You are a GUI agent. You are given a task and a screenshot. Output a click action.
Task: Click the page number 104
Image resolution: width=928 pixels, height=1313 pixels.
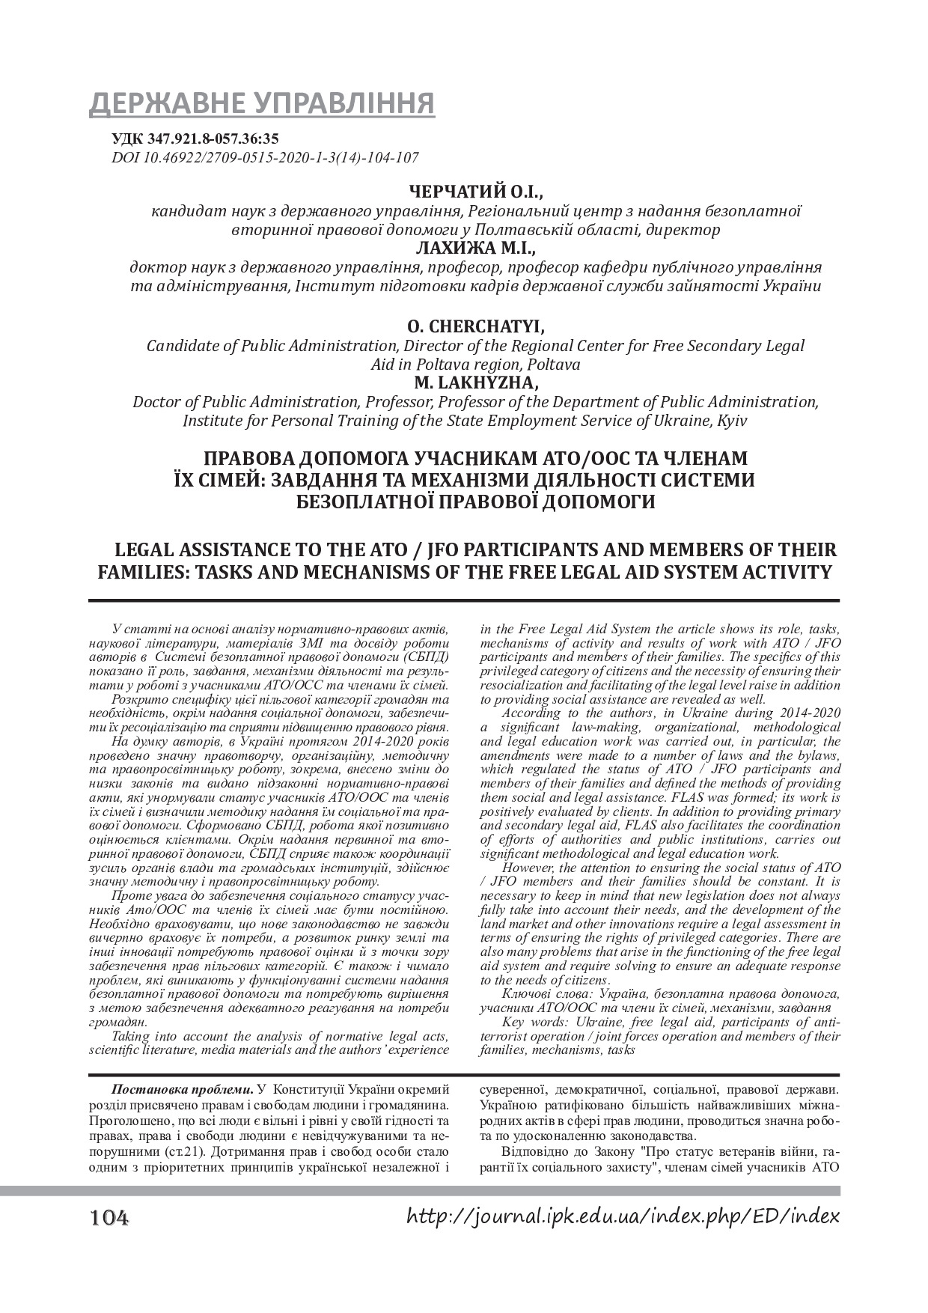(109, 1218)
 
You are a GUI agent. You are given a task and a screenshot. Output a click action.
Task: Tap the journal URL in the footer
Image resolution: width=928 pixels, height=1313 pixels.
(623, 1216)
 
